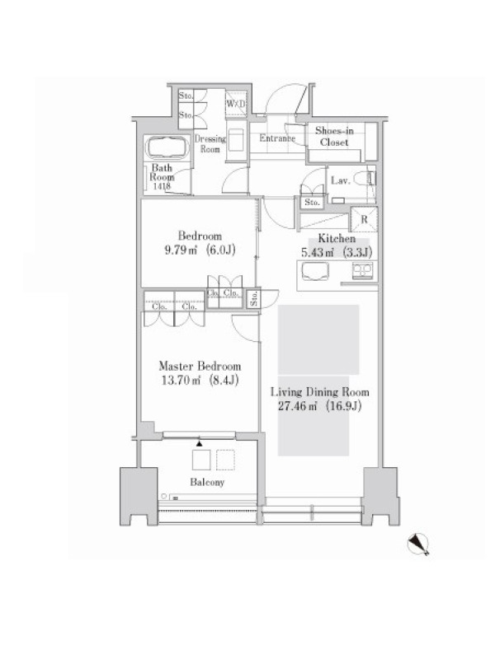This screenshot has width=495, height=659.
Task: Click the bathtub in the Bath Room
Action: click(x=167, y=147)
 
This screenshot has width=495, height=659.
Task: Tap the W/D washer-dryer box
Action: click(x=236, y=103)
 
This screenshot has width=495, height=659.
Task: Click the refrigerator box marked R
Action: click(x=364, y=219)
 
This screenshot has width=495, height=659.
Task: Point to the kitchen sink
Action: click(x=315, y=271)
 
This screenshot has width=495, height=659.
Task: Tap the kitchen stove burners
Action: click(x=362, y=270)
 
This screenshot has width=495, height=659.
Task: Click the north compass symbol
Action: click(x=418, y=544)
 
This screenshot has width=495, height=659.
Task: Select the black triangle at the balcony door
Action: click(x=200, y=443)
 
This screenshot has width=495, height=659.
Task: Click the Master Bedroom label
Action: click(x=200, y=366)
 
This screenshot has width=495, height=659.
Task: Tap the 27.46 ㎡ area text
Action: click(x=297, y=406)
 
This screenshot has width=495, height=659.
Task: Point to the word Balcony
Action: click(x=207, y=482)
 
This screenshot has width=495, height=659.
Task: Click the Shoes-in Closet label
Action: click(x=334, y=137)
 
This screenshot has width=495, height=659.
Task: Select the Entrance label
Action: click(x=277, y=138)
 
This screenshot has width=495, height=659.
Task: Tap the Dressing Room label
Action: click(x=210, y=143)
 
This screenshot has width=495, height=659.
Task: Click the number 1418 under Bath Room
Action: click(x=162, y=186)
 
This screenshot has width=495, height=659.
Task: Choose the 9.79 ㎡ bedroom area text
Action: click(x=181, y=250)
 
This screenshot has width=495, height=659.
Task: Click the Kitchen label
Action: click(x=337, y=239)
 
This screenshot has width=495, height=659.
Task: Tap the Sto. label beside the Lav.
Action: click(x=312, y=202)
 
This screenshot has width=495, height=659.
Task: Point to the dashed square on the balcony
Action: click(x=225, y=460)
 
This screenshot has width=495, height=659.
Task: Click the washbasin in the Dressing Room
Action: click(x=236, y=139)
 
